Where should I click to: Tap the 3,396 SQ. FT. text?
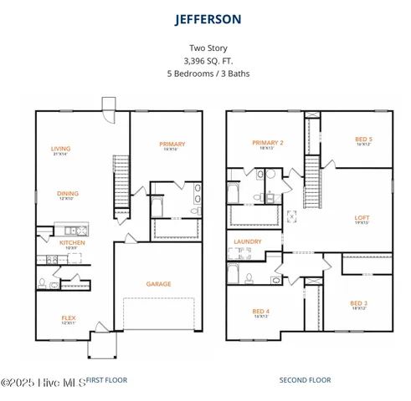point(205,61)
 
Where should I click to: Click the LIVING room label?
point(60,148)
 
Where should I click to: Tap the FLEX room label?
point(68,317)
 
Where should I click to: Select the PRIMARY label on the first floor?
point(172,144)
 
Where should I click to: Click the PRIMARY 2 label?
point(268,143)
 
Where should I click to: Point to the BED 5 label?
point(363,139)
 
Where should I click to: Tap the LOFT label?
point(362,217)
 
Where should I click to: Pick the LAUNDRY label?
point(248,241)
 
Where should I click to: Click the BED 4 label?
point(260,311)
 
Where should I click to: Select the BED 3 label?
point(358,302)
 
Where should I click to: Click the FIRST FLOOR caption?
point(107,379)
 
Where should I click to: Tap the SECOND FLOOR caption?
point(305,379)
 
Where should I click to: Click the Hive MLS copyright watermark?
point(42,382)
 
